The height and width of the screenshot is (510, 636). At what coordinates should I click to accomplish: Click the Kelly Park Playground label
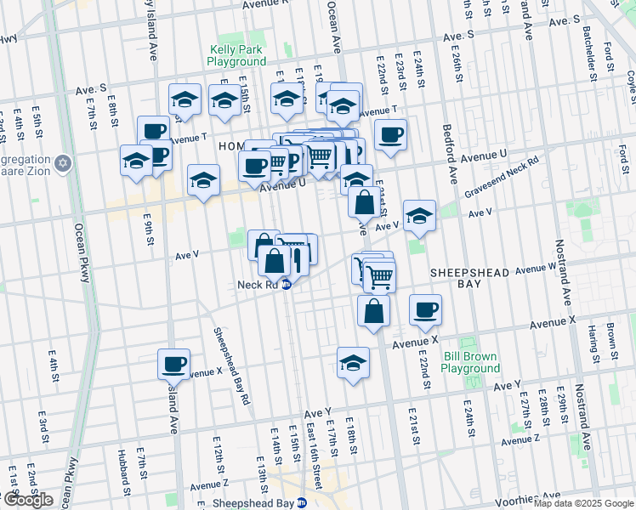click(236, 56)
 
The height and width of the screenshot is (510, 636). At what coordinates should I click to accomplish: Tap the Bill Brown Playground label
click(470, 363)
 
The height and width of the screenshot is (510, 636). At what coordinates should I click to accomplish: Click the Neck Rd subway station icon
click(287, 285)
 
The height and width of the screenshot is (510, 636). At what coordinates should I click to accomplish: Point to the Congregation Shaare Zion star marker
click(62, 161)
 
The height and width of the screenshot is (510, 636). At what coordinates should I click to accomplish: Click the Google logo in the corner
click(27, 500)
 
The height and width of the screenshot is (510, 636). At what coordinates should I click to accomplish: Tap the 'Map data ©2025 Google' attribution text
click(582, 503)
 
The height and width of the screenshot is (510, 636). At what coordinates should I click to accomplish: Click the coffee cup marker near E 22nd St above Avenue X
click(425, 309)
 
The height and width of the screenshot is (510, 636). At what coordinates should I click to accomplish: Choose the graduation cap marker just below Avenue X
click(353, 363)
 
